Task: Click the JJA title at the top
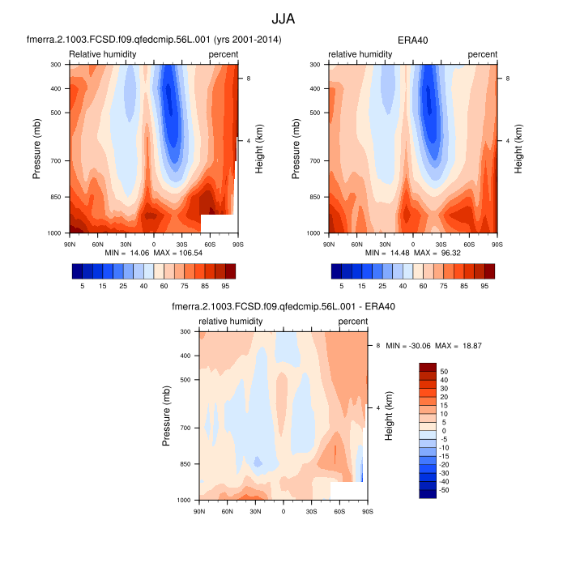283,17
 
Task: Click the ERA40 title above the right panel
412,40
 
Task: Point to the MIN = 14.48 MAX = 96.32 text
413,254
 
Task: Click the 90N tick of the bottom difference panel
199,512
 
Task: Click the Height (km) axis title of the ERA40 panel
518,148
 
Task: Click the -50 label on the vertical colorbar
445,490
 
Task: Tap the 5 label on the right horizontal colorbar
342,286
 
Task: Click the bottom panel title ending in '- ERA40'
283,307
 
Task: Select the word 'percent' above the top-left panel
223,54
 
